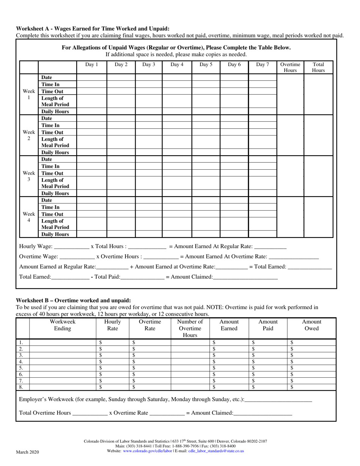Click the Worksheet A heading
click(92, 29)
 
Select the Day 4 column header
click(177, 64)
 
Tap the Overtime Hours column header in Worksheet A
click(290, 67)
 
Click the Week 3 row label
click(29, 176)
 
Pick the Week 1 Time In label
click(50, 84)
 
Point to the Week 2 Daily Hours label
click(55, 152)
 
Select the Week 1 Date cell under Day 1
click(92, 78)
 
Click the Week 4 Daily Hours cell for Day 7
click(262, 234)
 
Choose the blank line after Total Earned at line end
click(310, 267)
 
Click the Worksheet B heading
click(73, 300)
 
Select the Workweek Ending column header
click(63, 325)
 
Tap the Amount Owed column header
click(311, 325)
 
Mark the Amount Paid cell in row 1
click(268, 342)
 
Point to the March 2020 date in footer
click(27, 452)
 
